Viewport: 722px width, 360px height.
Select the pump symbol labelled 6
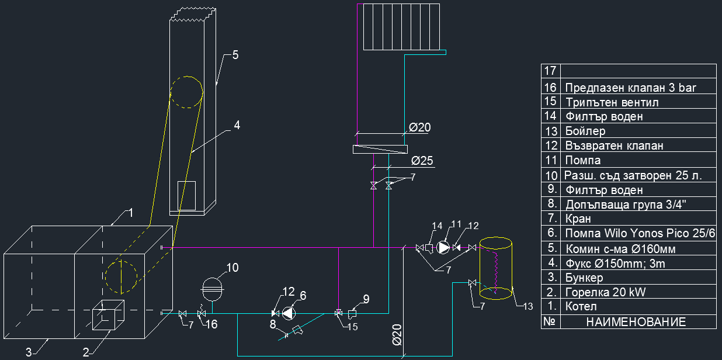tap(289, 313)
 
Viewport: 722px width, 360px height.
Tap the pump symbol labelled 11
tap(444, 248)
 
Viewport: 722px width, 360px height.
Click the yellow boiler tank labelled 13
tap(496, 268)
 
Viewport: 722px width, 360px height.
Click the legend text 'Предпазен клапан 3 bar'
tap(631, 88)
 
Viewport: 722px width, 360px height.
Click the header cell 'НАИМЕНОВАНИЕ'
tap(636, 321)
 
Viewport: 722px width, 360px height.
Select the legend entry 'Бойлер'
tap(585, 131)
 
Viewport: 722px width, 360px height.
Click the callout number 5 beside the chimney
tap(235, 56)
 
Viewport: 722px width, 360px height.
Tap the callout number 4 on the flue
tap(237, 125)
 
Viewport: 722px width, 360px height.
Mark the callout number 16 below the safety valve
tap(211, 324)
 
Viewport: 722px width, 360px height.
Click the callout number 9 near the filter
tap(366, 299)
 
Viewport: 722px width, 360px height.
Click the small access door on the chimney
tap(186, 195)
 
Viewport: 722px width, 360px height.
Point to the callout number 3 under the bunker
tap(27, 352)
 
